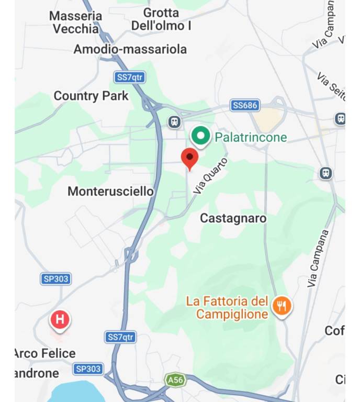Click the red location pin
coord(189,158)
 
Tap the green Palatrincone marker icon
coord(199,136)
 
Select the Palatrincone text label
coord(251,138)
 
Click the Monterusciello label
coord(110,192)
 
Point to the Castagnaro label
coord(233,218)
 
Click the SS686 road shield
coord(245,106)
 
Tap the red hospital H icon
coord(60,319)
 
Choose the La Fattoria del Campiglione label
coord(228,308)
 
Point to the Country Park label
coord(91,96)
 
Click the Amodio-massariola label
coord(130,49)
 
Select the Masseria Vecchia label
coord(76,23)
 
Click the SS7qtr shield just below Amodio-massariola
coord(129,77)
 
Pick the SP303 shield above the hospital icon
coord(55,279)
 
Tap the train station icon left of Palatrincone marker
coord(175,122)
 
